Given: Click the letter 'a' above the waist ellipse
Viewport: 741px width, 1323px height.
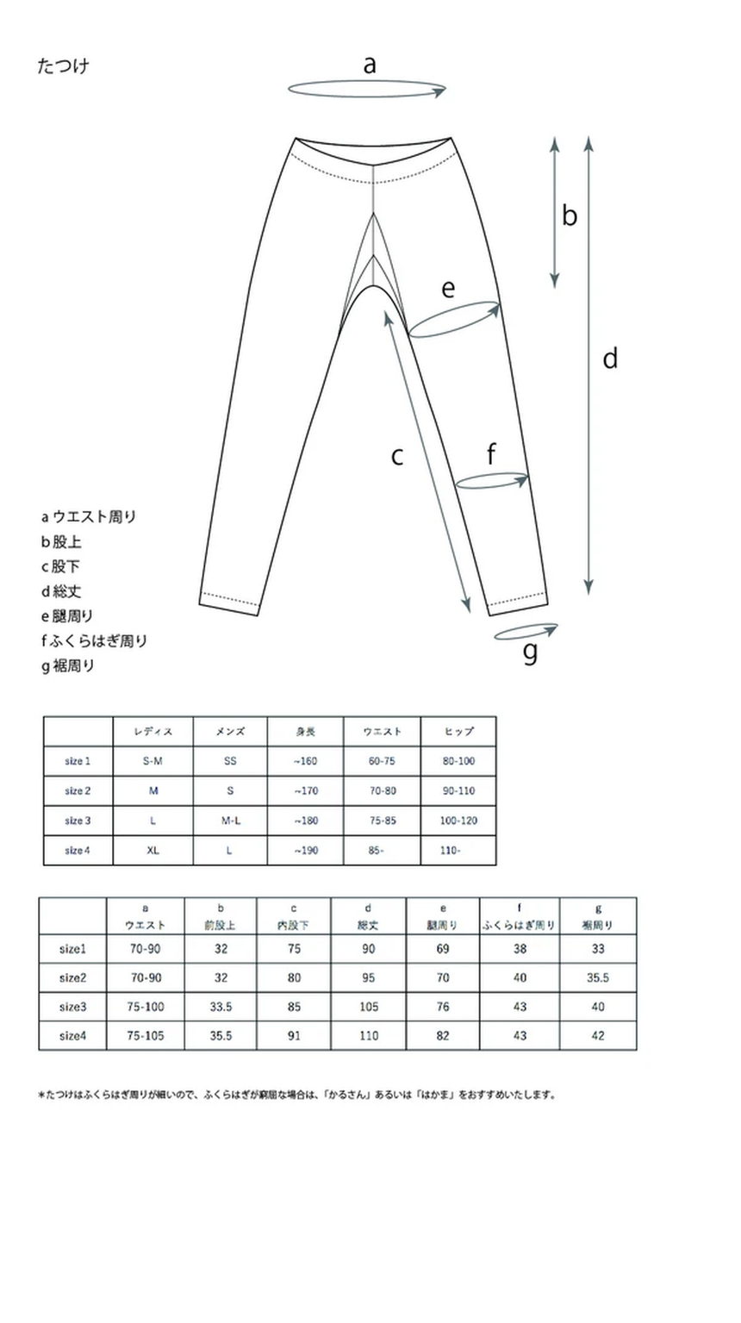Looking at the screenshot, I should (x=370, y=65).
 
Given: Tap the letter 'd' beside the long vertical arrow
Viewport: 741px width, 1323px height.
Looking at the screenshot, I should (x=610, y=358).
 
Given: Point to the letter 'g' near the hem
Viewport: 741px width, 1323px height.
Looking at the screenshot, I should (x=530, y=652).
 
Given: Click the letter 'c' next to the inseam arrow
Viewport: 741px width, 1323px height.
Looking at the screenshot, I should (x=397, y=455).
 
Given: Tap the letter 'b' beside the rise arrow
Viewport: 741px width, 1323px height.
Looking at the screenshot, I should (x=570, y=215).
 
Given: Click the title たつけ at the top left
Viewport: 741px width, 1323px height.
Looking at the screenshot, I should (x=63, y=66).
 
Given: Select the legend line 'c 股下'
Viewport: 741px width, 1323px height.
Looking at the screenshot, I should (x=61, y=566).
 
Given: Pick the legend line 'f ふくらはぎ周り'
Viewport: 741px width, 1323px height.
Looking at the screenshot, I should (x=94, y=640).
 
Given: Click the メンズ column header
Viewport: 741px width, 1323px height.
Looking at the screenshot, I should (x=230, y=732).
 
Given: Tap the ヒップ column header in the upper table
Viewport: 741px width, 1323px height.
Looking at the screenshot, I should (x=458, y=732).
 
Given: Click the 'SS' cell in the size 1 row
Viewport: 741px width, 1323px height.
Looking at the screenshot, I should (x=230, y=761).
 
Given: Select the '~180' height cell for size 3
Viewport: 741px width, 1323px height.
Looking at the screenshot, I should (x=305, y=821).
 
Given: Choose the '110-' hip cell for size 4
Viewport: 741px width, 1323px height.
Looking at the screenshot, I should (x=450, y=850).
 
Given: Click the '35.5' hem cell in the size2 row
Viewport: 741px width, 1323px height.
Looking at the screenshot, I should (x=598, y=978).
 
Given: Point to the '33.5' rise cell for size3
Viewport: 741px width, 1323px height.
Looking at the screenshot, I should (x=221, y=1007).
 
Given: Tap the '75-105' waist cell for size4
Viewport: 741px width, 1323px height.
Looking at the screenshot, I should (x=146, y=1036).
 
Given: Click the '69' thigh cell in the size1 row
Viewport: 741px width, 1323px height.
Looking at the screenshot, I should (x=443, y=949).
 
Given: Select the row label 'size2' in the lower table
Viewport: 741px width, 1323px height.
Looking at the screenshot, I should (x=72, y=978).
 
